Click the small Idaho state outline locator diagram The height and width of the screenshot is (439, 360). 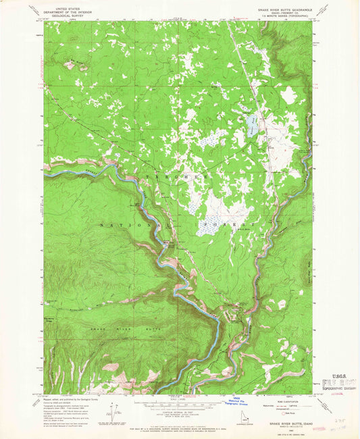[x=245, y=424]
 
